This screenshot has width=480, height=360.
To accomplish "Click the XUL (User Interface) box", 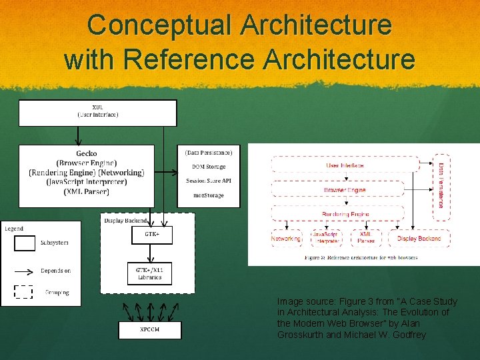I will coord(97,112).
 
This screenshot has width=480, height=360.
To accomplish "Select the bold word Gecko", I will coord(87,153).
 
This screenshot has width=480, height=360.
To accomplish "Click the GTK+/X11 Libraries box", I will coord(149,273).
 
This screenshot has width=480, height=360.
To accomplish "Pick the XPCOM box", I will coord(149,329).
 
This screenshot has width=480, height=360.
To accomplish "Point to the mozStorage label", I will coord(209,195).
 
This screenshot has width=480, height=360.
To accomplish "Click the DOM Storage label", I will coord(209,167).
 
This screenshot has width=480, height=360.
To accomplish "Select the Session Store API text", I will coord(209,181).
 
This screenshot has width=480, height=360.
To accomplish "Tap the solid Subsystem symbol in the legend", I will coord(25,243).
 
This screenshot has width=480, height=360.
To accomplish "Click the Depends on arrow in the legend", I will coord(25,271).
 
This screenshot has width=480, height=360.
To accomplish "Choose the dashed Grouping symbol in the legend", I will coord(24,292).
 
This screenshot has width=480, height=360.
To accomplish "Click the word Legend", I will coord(14,229).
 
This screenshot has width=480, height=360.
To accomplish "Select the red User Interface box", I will coord(345,165).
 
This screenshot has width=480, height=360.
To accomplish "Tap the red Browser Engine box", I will coord(345,190).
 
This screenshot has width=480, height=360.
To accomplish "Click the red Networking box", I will coord(286,238).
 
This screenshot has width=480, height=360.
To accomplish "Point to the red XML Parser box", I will coord(365,238).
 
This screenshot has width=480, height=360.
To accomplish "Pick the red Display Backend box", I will coord(419,238).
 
